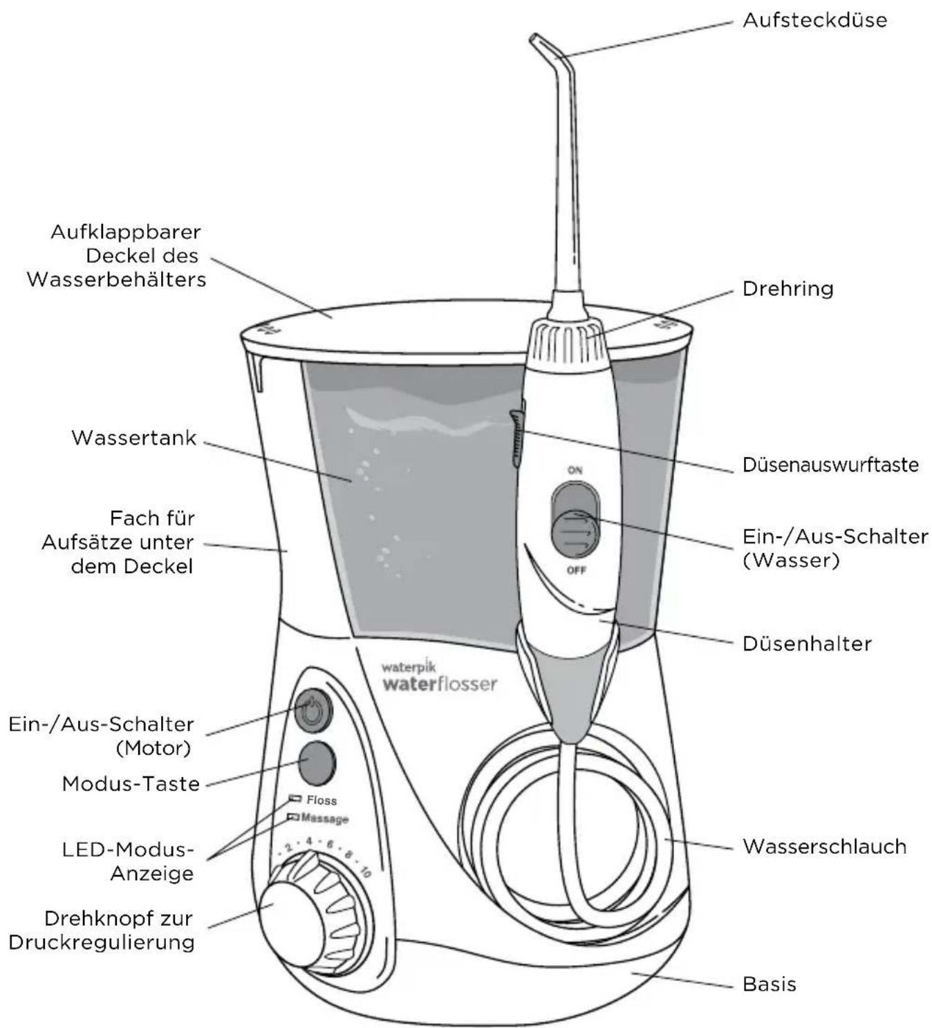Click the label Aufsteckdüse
(x=814, y=20)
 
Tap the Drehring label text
(x=787, y=288)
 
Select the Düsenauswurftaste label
(x=830, y=464)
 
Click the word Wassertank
(x=133, y=438)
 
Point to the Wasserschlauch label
(x=823, y=846)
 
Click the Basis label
(x=769, y=984)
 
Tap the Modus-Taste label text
(x=131, y=783)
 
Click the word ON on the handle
(x=575, y=470)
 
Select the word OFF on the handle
(x=575, y=570)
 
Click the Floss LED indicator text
(x=321, y=800)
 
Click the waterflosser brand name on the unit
(x=439, y=684)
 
